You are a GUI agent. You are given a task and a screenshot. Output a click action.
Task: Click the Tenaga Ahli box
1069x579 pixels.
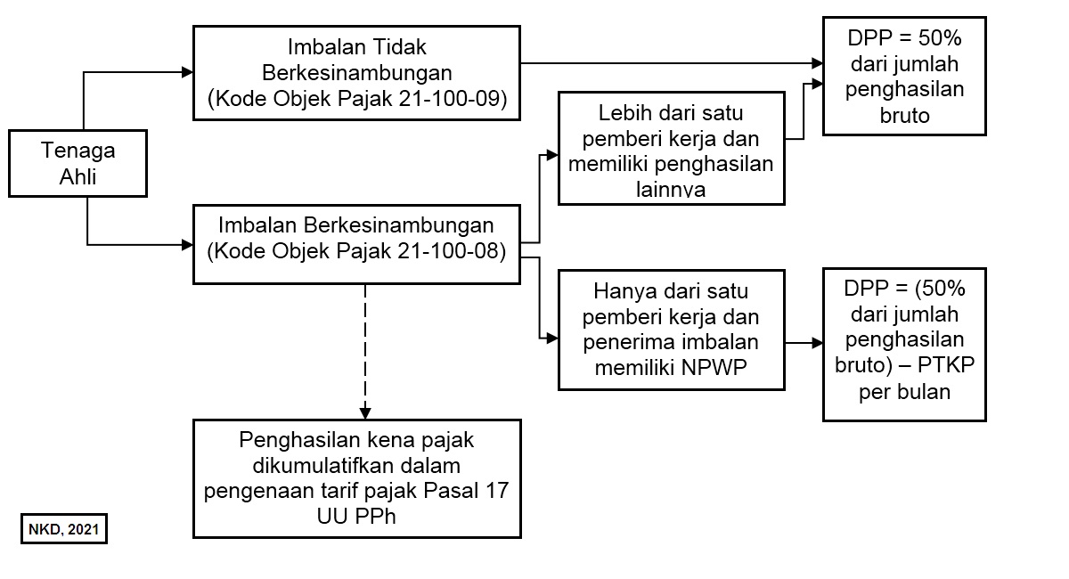[78, 163]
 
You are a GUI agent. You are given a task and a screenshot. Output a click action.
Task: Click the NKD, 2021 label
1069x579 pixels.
[64, 529]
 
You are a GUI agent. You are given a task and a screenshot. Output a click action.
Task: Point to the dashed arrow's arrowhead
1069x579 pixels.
[365, 413]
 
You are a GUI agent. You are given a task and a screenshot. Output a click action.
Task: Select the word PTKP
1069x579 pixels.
[946, 365]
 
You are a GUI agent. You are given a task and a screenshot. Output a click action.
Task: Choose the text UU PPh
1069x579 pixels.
[356, 517]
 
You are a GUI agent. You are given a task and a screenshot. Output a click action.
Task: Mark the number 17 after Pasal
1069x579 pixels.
[497, 491]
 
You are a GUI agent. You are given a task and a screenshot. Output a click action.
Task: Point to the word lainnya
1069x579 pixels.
[671, 190]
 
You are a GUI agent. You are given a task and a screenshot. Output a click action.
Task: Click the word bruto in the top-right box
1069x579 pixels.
[904, 116]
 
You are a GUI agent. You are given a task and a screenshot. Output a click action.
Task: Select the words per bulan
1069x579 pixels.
[904, 392]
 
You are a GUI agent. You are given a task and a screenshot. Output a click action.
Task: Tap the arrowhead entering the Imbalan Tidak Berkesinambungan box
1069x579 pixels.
[188, 72]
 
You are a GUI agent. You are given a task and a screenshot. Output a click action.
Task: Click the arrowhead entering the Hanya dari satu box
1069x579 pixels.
[552, 338]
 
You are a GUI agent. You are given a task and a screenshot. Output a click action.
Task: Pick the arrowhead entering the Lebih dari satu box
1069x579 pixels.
[552, 155]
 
